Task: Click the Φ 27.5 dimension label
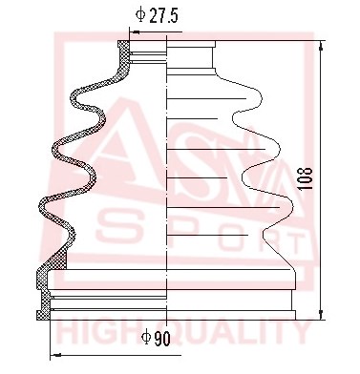157,15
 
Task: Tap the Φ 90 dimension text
157,338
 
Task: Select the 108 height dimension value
307,178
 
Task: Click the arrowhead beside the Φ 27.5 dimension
136,31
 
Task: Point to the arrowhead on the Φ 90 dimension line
56,355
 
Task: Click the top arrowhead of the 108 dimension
321,47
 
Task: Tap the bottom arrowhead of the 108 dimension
321,314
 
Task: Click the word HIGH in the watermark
90,333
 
